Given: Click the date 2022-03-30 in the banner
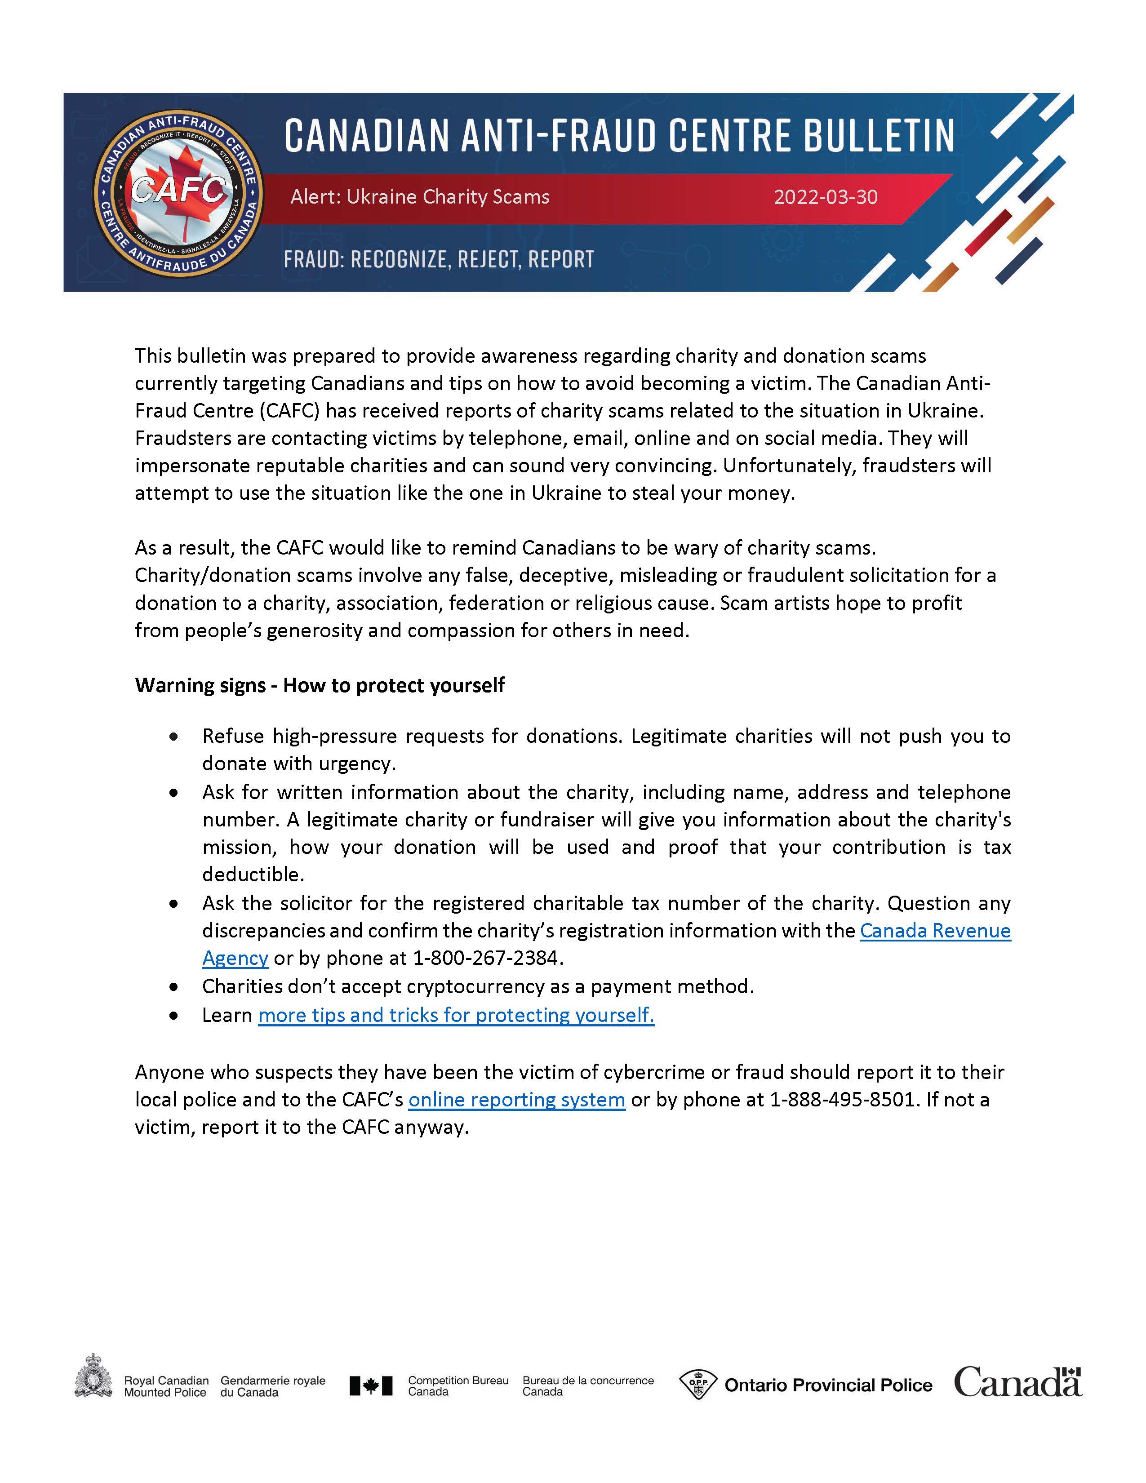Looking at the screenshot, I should tap(826, 197).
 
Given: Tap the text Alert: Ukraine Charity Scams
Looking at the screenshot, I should tap(420, 197).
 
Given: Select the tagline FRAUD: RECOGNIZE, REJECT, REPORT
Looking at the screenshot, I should tap(439, 259).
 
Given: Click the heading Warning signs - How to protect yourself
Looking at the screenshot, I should tap(319, 685).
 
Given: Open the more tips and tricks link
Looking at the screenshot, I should tap(456, 1015).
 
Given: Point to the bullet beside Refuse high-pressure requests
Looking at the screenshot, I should tap(174, 737).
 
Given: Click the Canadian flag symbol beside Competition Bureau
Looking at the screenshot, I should tap(371, 1385).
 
